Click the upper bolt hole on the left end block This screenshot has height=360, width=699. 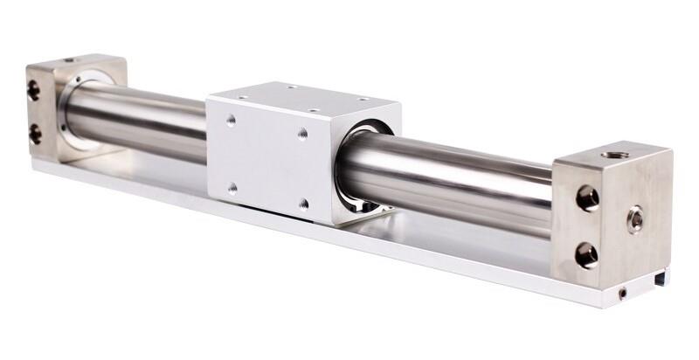pyautogui.click(x=34, y=89)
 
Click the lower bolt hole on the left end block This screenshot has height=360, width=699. pyautogui.click(x=35, y=133)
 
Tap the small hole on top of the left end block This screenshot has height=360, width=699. pyautogui.click(x=69, y=60)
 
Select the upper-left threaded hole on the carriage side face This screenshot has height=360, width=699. pyautogui.click(x=231, y=120)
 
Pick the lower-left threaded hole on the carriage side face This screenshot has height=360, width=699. pyautogui.click(x=232, y=186)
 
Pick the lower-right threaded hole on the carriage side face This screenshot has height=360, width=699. pyautogui.click(x=303, y=204)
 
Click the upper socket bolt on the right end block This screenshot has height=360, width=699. pyautogui.click(x=587, y=197)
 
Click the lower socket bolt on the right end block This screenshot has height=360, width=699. pyautogui.click(x=586, y=255)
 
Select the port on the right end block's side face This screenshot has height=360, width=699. pyautogui.click(x=635, y=218)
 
